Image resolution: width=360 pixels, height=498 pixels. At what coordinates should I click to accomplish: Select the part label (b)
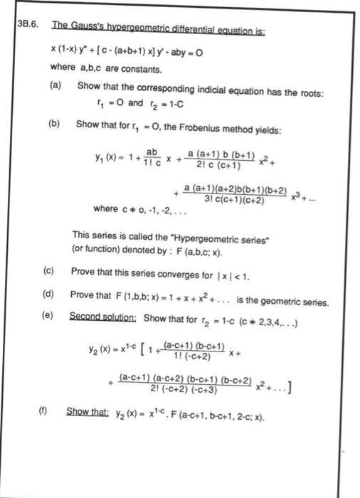(55, 122)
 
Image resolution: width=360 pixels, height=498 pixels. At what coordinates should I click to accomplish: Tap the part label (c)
(47, 271)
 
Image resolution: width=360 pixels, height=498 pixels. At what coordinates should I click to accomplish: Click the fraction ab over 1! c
(150, 158)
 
